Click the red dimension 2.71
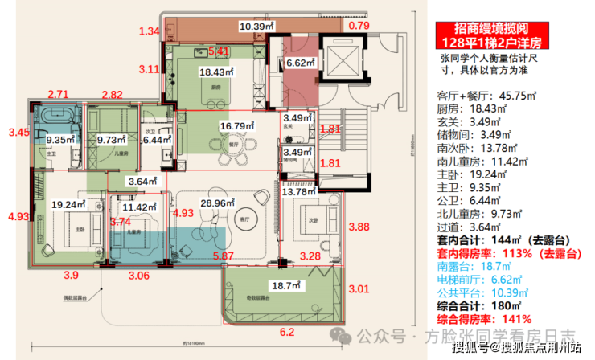click(x=58, y=95)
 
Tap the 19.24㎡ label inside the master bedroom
click(x=64, y=205)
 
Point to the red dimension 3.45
click(x=18, y=131)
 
